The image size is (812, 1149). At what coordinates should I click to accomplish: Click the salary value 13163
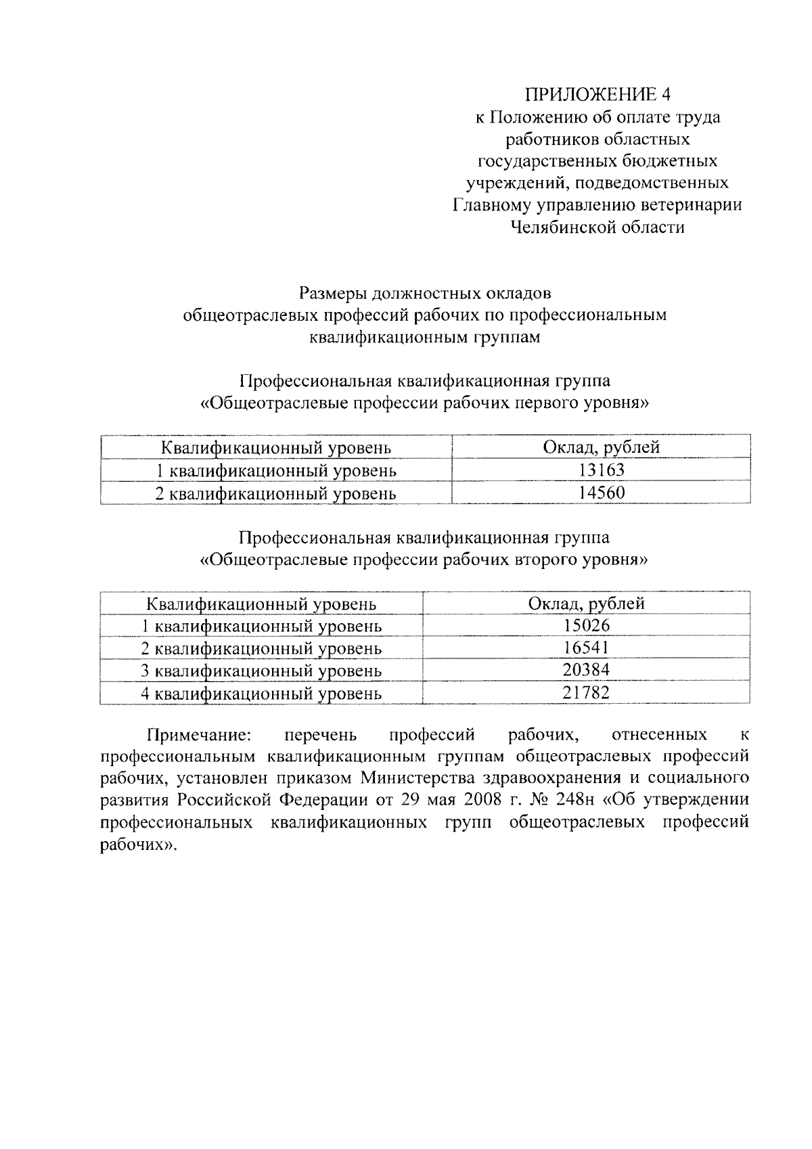(601, 470)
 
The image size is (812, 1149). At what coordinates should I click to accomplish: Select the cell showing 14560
(601, 493)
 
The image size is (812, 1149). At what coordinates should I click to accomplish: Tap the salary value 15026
(586, 626)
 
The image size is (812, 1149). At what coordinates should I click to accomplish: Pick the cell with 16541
(586, 648)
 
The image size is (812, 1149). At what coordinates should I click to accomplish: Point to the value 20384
(586, 671)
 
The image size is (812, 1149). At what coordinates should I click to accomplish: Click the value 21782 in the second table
(586, 693)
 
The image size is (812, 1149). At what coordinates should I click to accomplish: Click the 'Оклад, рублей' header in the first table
(601, 447)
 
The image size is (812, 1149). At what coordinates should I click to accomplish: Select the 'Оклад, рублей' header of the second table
(586, 604)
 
